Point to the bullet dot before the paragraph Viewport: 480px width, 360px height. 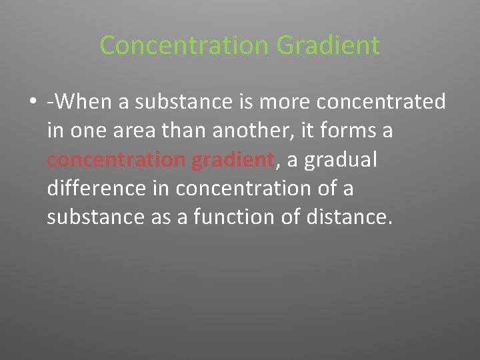[x=32, y=103]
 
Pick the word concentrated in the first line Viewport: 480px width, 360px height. [x=381, y=102]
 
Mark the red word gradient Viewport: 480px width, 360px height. [x=233, y=160]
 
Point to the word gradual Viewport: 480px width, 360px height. [x=341, y=160]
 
